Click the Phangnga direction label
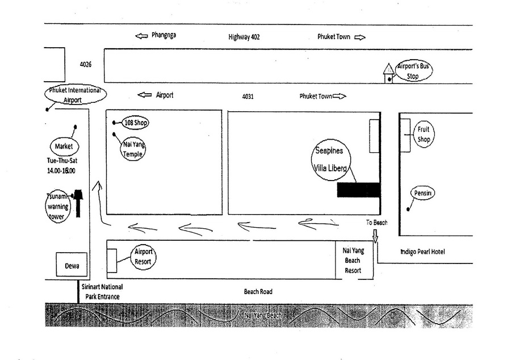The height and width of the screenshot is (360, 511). pos(164,36)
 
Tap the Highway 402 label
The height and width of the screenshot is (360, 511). pos(244,37)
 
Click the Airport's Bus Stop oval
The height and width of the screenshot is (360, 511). pos(413,71)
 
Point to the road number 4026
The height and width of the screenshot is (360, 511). pos(86,65)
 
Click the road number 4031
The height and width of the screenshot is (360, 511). pos(248,97)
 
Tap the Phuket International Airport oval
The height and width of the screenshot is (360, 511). pos(74,95)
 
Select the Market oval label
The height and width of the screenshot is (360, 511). pos(64,146)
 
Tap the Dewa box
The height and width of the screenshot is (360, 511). pos(72,265)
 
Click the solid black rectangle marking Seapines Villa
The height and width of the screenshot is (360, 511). pos(358,190)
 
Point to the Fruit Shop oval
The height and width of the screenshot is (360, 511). pos(424,135)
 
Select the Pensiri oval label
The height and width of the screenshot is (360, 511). pos(423,194)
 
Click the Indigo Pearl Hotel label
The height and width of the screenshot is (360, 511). pos(422,252)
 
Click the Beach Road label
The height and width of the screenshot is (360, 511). pos(258,292)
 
